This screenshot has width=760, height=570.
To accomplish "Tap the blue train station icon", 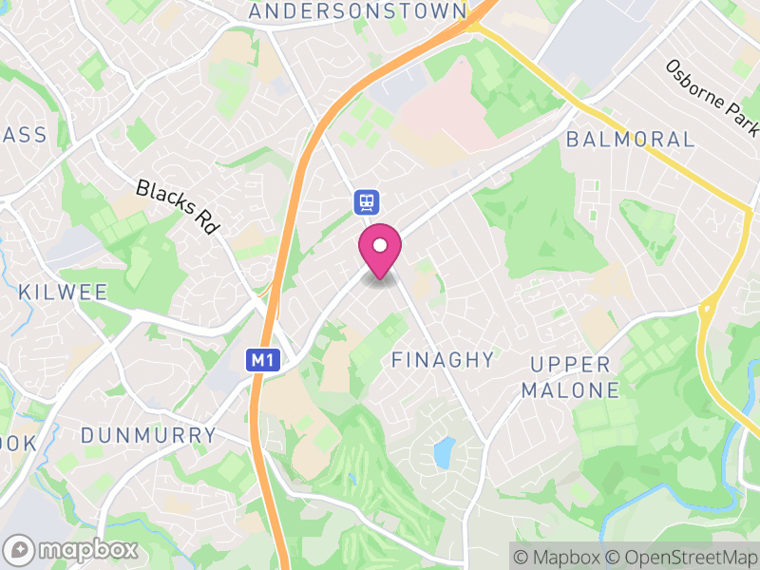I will [x=367, y=200].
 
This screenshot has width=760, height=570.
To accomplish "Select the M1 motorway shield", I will [x=262, y=360].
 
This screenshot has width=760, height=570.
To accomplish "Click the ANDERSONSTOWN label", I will [x=357, y=11].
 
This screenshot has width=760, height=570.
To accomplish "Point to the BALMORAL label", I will [x=630, y=139].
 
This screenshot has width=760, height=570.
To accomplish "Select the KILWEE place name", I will [x=64, y=292].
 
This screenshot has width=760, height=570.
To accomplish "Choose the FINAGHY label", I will [x=443, y=360].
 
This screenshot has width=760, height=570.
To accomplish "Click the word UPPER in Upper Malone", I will [x=570, y=365].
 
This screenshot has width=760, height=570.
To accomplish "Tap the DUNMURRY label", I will [x=148, y=435].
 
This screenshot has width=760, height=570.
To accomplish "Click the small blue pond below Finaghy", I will [x=443, y=452].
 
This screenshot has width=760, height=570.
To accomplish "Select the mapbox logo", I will [x=72, y=549].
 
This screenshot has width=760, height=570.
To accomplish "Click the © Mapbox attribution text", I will [x=559, y=557].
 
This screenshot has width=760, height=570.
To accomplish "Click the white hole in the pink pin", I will [x=380, y=246].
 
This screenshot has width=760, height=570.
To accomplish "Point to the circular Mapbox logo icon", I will [x=20, y=549].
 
